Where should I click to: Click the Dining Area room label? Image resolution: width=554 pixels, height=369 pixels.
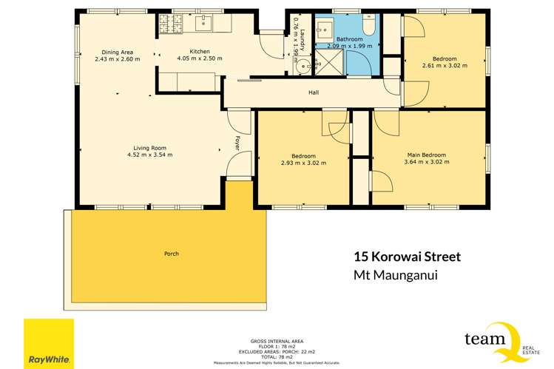pos(118,52)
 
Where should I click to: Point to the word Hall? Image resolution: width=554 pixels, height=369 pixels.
pos(314,93)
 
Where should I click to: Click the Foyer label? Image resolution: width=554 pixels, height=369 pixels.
pos(237,143)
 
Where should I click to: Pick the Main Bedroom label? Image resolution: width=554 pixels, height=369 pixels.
pos(426,155)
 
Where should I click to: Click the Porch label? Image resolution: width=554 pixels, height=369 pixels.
pos(172,254)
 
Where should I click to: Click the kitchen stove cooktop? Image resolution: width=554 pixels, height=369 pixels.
pos(166,24)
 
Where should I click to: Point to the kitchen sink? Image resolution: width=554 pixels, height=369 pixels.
pos(202,23)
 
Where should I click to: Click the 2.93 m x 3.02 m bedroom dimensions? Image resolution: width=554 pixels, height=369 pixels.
pos(303,163)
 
